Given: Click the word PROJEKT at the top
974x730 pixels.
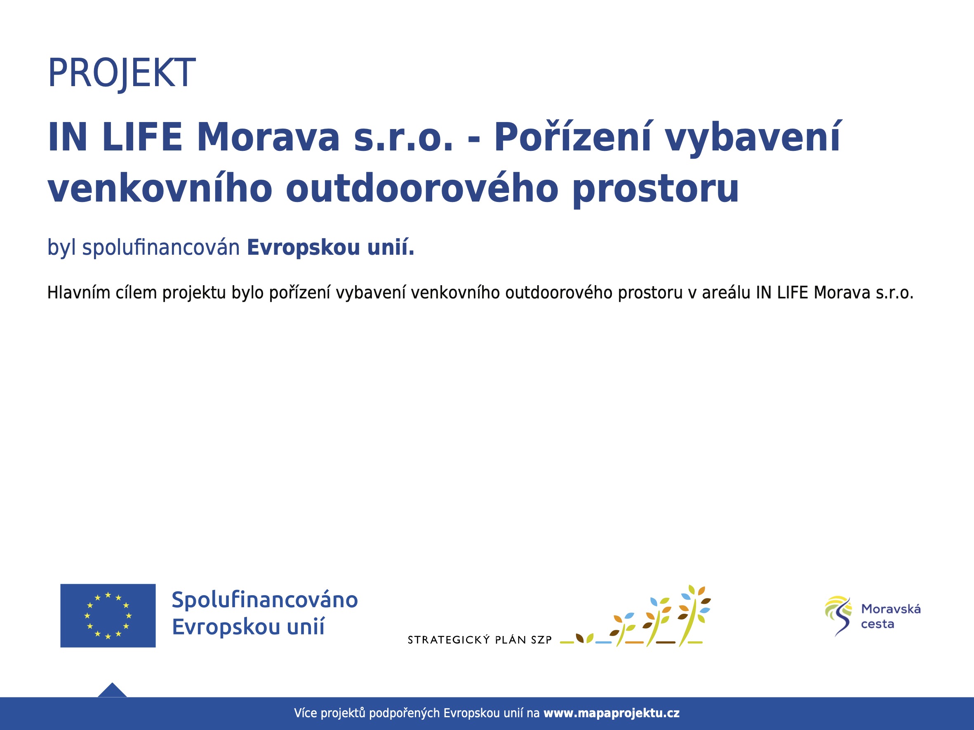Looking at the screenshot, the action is (x=121, y=73).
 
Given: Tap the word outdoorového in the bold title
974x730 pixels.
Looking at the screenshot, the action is (x=422, y=188).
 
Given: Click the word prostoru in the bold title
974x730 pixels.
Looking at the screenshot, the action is (x=655, y=190).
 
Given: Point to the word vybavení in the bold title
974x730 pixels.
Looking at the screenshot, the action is (x=753, y=137).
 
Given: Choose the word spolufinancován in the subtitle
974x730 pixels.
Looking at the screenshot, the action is (x=161, y=248).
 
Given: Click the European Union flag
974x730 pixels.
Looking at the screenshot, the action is (x=108, y=615).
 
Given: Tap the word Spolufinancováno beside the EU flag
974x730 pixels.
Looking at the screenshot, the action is (x=265, y=600).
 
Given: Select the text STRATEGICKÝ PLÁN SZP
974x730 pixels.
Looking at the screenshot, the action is (x=480, y=640).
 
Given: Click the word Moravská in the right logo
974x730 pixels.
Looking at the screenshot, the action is (x=891, y=608).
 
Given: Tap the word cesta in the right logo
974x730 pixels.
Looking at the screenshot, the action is (x=878, y=624).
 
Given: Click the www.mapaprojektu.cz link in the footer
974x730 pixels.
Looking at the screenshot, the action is (x=612, y=713).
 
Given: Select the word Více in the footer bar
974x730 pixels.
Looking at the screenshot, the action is (x=306, y=713).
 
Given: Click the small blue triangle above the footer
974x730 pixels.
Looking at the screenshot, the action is (x=112, y=690).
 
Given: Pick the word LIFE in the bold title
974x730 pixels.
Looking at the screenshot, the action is (x=142, y=137).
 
